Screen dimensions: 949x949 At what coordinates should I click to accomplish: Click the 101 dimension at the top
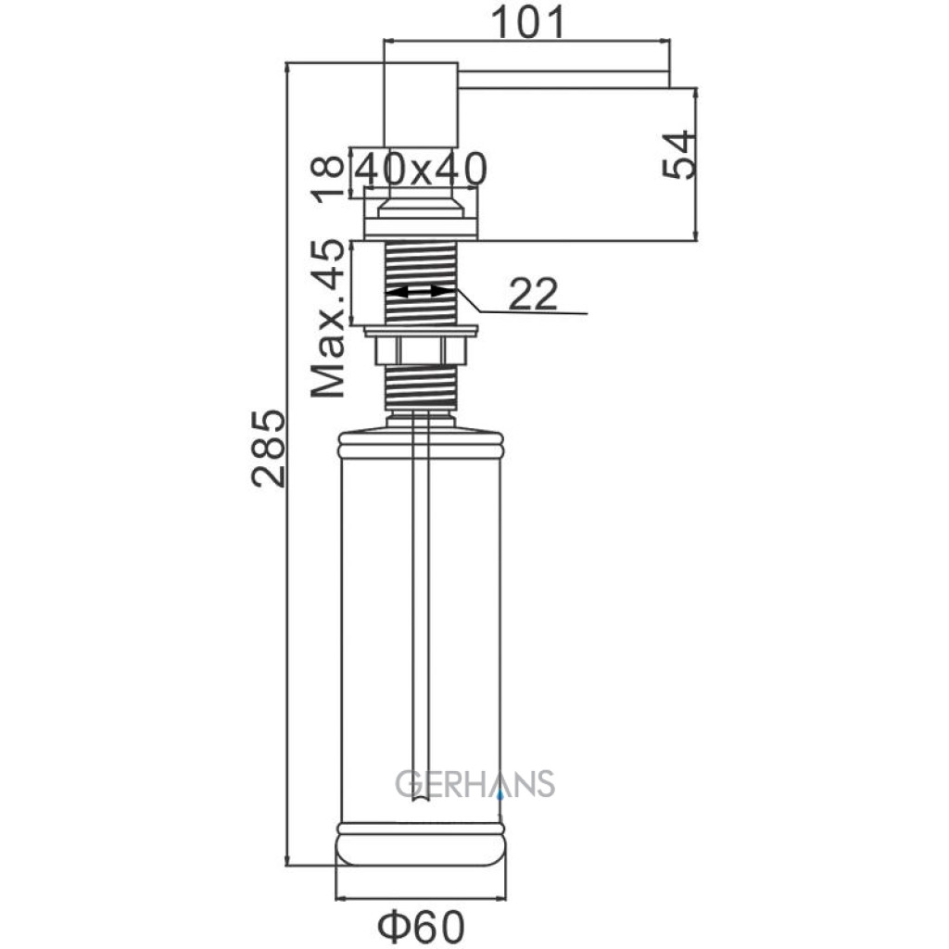pos(527,21)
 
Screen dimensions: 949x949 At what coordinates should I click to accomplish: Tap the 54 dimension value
pos(678,155)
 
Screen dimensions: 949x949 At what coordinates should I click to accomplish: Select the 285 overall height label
pos(268,449)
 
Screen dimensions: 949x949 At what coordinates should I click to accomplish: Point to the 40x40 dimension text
pos(420,169)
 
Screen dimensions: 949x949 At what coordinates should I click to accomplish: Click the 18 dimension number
pos(327,179)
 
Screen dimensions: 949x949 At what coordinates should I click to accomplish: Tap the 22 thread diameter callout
pos(533,294)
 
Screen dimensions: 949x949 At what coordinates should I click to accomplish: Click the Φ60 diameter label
pos(422,926)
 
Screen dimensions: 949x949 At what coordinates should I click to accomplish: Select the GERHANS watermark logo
pos(475,783)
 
